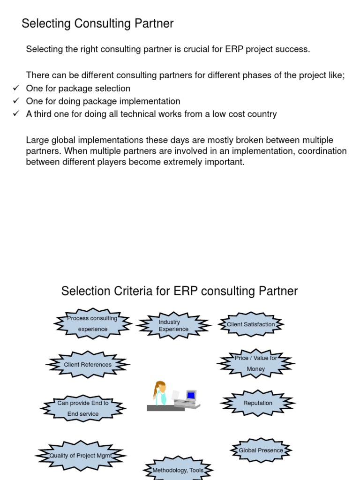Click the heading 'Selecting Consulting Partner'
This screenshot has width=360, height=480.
pos(97,23)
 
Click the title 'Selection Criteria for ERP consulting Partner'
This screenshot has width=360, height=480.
pos(180,291)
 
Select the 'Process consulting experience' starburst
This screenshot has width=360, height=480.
pos(92,323)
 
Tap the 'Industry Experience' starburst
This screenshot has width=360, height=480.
pos(173,325)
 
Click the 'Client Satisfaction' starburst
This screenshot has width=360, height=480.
pos(251,324)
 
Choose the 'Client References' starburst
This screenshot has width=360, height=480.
pos(88,365)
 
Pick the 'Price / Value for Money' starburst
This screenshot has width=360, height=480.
pos(256,363)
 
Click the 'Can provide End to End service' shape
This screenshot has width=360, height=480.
pos(83,408)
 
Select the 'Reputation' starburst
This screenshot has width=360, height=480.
pos(258,403)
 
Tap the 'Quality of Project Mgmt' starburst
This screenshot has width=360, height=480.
pos(81,456)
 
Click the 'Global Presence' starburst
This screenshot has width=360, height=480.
pos(261,450)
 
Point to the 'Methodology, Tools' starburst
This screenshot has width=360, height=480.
pos(178,470)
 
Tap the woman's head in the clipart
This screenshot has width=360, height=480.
pos(161,387)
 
